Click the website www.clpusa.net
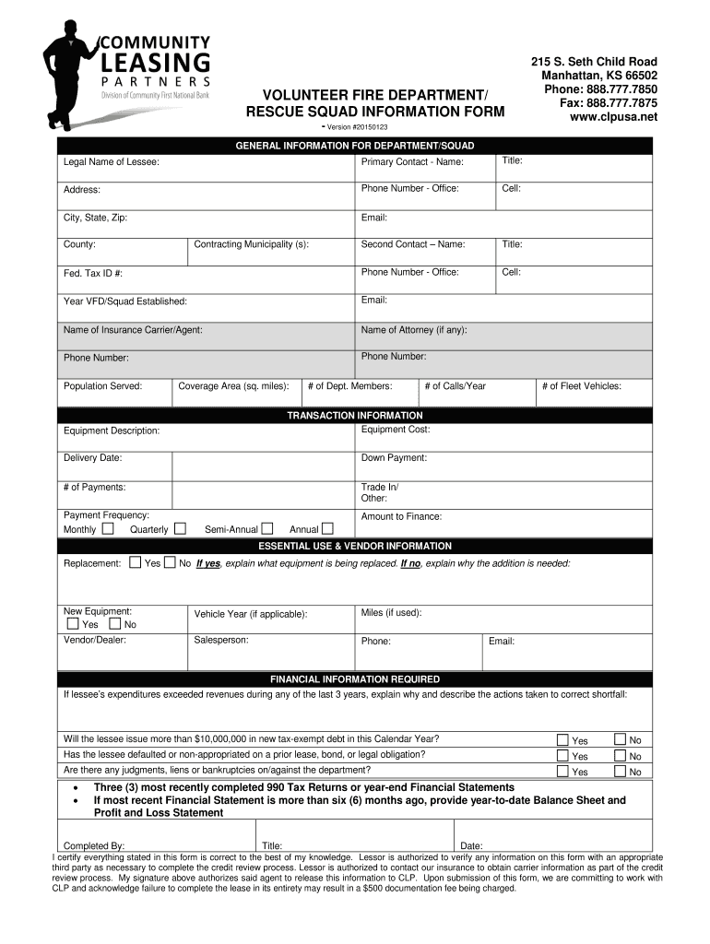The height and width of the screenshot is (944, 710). click(613, 117)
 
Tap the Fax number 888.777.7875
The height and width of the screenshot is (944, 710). click(609, 103)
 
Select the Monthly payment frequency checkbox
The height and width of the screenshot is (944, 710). click(108, 529)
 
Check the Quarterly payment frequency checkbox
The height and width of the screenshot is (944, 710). click(180, 529)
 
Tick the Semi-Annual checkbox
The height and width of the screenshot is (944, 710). click(267, 529)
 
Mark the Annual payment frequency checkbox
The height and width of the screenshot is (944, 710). click(327, 529)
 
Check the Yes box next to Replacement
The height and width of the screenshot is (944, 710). click(136, 562)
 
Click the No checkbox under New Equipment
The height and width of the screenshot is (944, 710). click(114, 624)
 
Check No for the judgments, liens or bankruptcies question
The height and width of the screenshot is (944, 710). click(621, 772)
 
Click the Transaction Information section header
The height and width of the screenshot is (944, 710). click(355, 416)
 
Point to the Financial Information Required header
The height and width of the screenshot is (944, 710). click(355, 679)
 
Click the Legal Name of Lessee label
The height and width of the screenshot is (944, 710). click(111, 162)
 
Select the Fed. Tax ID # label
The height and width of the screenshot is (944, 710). click(93, 274)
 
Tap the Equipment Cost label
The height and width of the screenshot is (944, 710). click(396, 430)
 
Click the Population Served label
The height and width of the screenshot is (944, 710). click(102, 386)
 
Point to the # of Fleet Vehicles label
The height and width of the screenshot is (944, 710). click(582, 386)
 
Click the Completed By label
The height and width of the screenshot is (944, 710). click(93, 845)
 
